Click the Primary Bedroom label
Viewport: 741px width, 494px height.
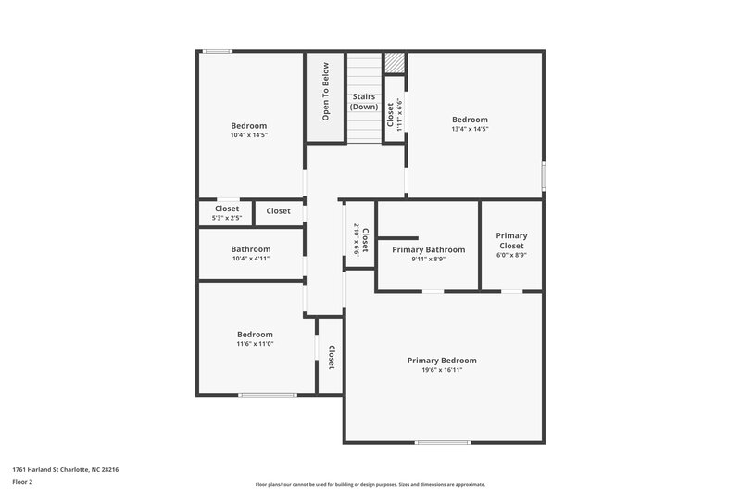(442, 360)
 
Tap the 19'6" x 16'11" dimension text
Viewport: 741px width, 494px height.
(442, 370)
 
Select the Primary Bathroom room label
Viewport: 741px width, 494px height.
(428, 249)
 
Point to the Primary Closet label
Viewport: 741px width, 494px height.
(511, 241)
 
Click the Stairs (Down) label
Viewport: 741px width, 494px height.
(364, 101)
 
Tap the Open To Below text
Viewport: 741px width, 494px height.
(325, 91)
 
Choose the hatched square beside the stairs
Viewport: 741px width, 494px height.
(396, 62)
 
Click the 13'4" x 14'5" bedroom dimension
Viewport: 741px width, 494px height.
(470, 129)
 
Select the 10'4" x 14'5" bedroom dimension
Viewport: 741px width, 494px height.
(249, 135)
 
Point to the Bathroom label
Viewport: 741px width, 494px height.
(251, 248)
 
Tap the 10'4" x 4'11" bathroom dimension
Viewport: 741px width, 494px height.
(251, 259)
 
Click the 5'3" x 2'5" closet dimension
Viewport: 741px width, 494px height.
(227, 219)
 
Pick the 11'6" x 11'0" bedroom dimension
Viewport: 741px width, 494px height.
(255, 344)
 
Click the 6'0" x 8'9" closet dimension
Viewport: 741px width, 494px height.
(511, 256)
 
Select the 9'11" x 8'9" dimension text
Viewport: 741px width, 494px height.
(428, 260)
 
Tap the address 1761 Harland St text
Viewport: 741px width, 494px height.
(65, 469)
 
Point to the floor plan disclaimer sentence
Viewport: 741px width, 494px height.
(370, 484)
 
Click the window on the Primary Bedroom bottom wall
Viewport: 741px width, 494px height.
(442, 442)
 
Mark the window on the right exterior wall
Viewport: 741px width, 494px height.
(544, 176)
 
